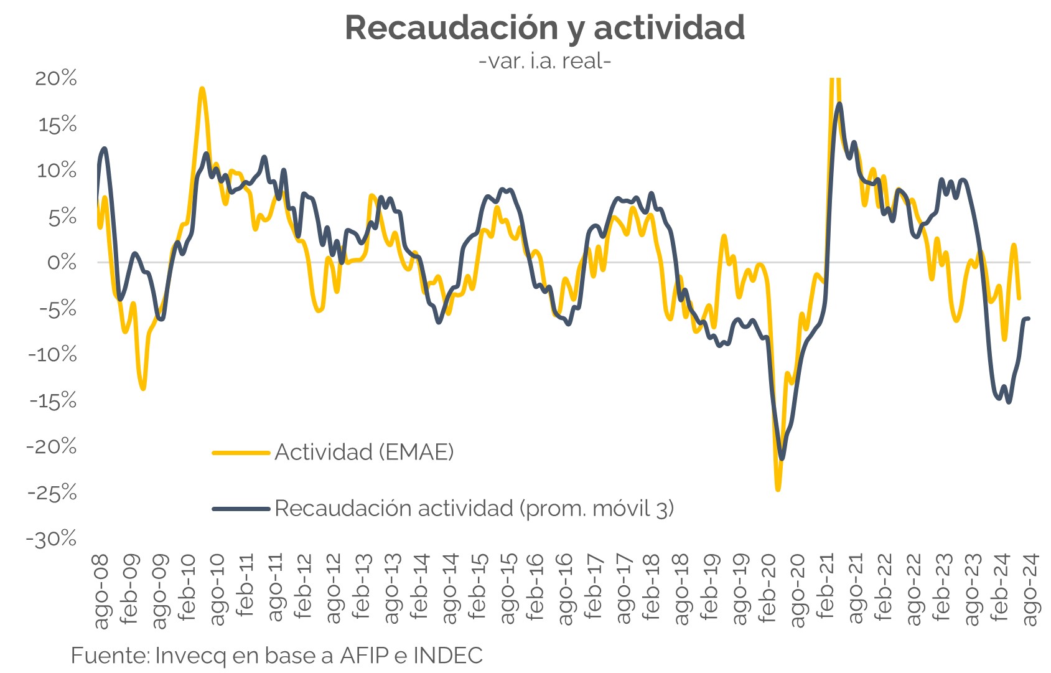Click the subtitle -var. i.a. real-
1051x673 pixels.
(545, 61)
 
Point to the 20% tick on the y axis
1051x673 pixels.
(56, 78)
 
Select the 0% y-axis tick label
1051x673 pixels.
(62, 262)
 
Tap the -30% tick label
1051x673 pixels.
(52, 539)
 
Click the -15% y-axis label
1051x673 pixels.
(53, 400)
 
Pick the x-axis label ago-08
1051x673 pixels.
(101, 591)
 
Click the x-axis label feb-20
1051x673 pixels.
(768, 589)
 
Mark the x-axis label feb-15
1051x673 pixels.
(478, 589)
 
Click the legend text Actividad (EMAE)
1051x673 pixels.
(364, 452)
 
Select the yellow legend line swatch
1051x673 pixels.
(241, 453)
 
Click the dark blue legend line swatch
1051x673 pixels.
(241, 509)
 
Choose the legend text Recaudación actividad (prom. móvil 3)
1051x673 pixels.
(474, 509)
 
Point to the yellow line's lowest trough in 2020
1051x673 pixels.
(778, 489)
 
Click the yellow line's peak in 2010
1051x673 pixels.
(202, 89)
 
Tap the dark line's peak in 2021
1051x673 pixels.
(839, 105)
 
